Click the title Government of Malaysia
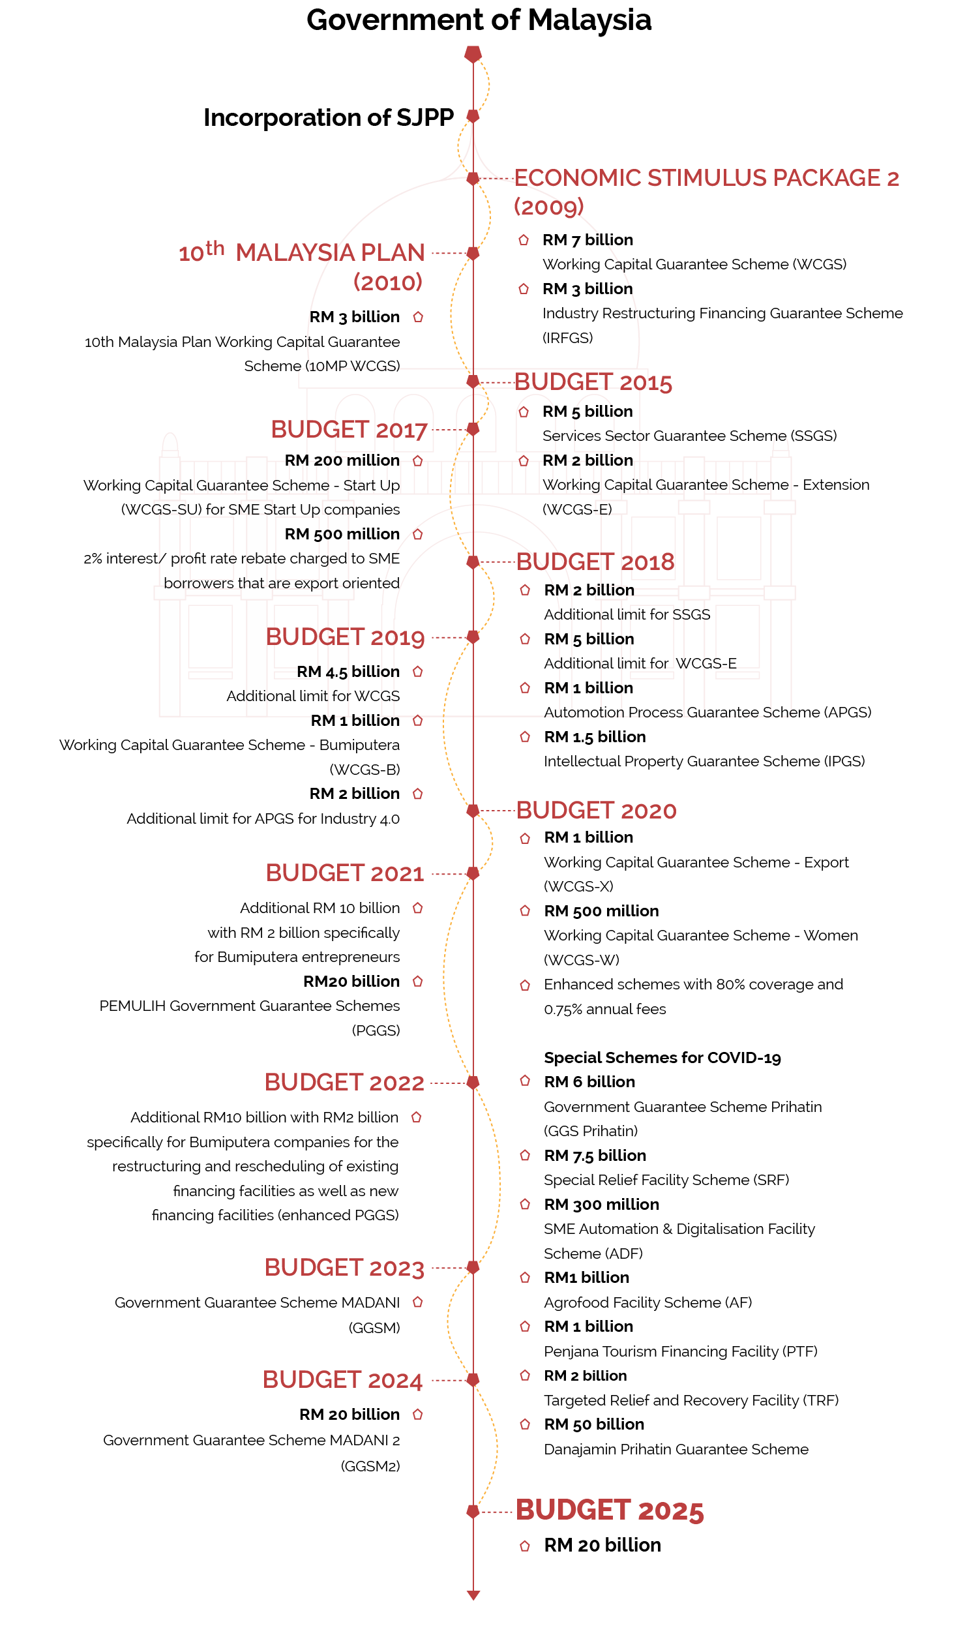[479, 20]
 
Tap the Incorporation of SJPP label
[329, 117]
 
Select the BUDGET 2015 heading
[593, 383]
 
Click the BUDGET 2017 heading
[349, 430]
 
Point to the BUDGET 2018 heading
[595, 562]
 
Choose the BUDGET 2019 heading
[345, 637]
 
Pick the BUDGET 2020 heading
[596, 811]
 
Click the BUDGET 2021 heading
[345, 873]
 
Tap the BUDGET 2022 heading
[344, 1083]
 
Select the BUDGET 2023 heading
[344, 1268]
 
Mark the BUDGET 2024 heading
[343, 1380]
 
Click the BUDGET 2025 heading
[610, 1510]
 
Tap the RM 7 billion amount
[588, 240]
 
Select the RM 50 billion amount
[594, 1424]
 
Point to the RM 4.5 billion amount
[348, 672]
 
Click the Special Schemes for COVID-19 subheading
[662, 1058]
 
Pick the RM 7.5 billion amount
[595, 1156]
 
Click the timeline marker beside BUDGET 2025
[473, 1511]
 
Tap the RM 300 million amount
[601, 1205]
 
